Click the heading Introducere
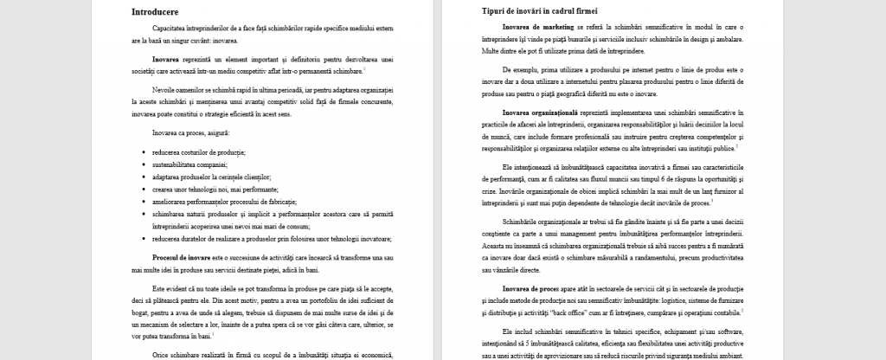pos(155,12)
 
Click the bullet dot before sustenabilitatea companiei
pos(144,163)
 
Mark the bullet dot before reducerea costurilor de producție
pos(144,151)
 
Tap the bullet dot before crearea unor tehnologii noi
pos(144,187)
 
